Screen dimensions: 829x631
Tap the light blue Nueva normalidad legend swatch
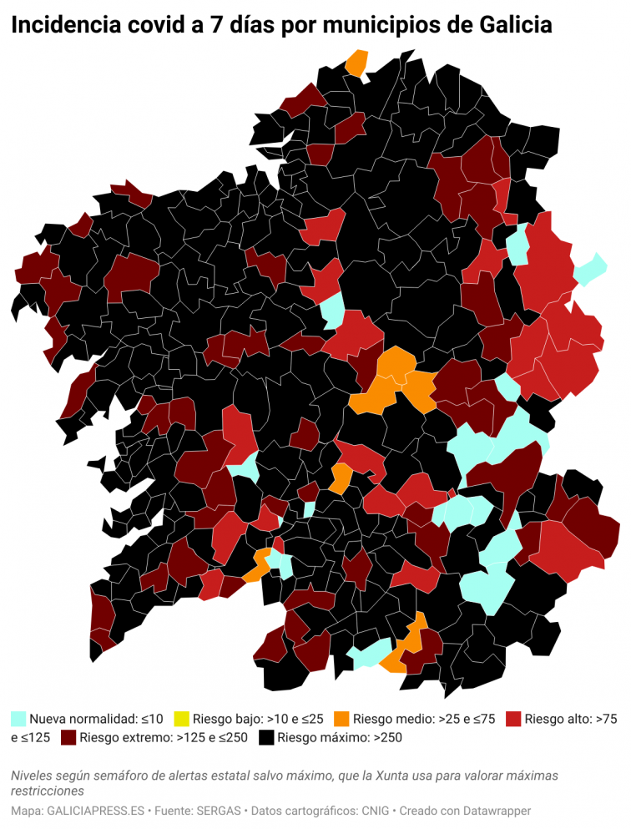point(18,718)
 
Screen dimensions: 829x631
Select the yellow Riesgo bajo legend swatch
point(181,718)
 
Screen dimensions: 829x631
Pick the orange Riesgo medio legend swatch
point(341,718)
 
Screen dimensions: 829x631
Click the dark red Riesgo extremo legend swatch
point(68,738)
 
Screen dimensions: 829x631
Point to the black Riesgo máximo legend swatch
point(266,738)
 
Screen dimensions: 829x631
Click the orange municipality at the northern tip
point(357,63)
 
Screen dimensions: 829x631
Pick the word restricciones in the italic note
point(48,791)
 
